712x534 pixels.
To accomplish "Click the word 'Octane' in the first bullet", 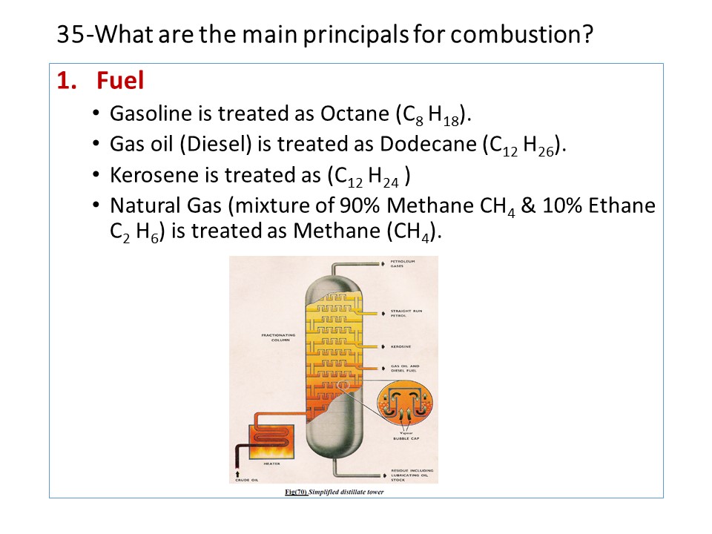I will [x=352, y=114].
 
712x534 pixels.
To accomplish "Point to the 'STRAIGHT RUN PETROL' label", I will [x=406, y=313].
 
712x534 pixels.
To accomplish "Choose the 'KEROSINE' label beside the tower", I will [x=401, y=346].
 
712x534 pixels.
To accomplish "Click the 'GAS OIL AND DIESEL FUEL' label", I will [x=405, y=369].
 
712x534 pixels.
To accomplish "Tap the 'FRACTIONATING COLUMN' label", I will [x=278, y=337].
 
